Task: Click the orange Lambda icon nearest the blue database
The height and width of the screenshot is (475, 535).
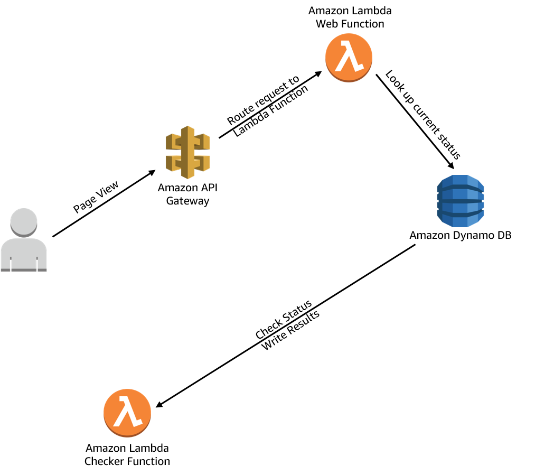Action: pos(349,57)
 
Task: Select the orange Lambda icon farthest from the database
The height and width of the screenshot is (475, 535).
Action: pos(127,413)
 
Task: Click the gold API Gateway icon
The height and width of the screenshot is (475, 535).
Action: pos(187,152)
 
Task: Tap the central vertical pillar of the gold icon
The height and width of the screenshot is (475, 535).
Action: pos(187,152)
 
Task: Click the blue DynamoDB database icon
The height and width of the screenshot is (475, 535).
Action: pos(461,201)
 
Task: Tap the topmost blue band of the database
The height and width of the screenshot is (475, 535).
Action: pos(461,180)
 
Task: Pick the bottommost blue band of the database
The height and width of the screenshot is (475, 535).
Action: pos(461,221)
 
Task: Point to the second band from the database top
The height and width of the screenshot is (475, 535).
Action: pos(461,193)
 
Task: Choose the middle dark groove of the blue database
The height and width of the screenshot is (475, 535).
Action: pos(461,201)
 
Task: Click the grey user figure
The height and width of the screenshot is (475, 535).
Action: pos(24,240)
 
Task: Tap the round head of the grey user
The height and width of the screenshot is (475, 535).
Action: pos(24,221)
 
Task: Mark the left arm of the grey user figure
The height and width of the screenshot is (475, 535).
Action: pos(5,259)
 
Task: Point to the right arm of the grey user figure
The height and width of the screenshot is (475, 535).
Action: pos(42,259)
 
